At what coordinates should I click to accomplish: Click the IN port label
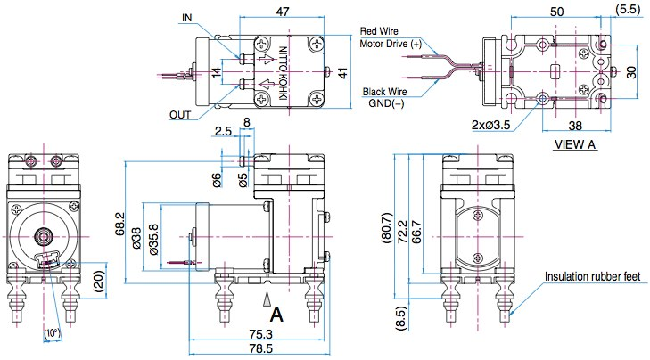pyautogui.click(x=186, y=17)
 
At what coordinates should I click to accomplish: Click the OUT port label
pyautogui.click(x=180, y=114)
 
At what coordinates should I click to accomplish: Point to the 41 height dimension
pyautogui.click(x=341, y=71)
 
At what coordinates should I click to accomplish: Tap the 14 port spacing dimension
pyautogui.click(x=216, y=72)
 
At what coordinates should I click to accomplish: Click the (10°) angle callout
pyautogui.click(x=51, y=334)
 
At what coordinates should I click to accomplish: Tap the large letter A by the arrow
pyautogui.click(x=276, y=314)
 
